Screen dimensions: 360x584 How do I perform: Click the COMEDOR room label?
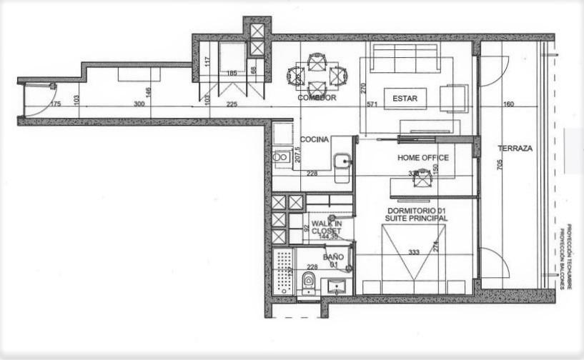317,98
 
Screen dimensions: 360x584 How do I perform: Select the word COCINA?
315,140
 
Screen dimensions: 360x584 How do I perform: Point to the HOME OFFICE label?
423,157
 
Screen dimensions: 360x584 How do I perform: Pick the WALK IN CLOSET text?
327,227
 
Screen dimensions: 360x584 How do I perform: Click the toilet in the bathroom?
309,280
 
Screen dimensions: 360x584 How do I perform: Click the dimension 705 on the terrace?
500,165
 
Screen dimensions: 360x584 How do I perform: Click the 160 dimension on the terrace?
509,104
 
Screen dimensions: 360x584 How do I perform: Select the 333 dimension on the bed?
413,252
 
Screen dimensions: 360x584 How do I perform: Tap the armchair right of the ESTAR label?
454,98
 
